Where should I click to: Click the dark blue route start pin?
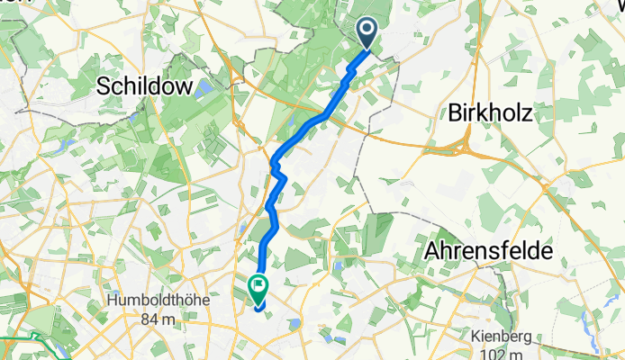coord(368,33)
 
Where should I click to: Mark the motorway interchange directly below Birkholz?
coord(469,144)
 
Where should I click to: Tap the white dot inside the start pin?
coord(368,29)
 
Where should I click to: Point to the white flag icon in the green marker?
coord(258,287)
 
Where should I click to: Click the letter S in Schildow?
coord(104,85)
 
